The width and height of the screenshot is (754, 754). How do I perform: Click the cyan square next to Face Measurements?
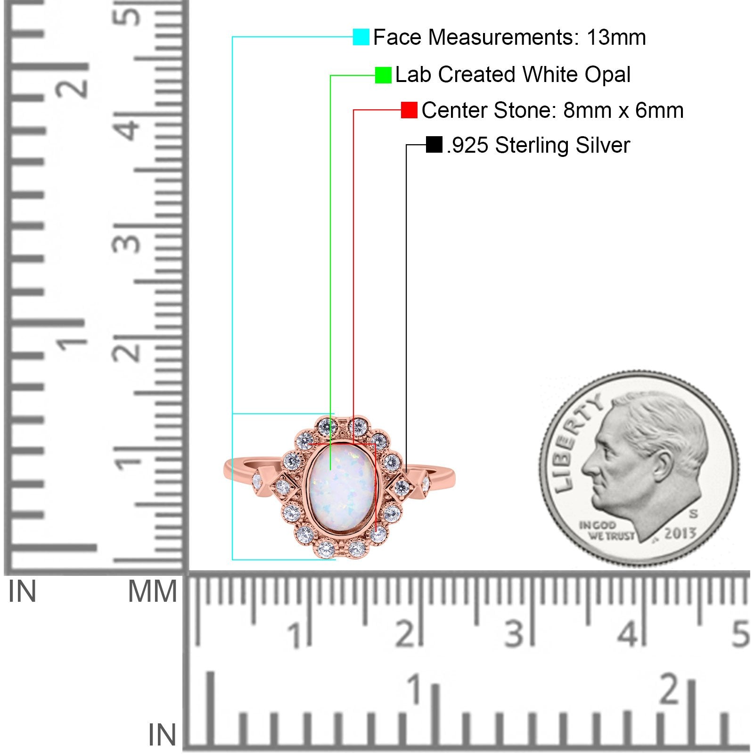(x=361, y=37)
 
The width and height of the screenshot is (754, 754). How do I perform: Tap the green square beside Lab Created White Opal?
(x=383, y=75)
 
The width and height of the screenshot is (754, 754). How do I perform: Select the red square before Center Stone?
(x=409, y=110)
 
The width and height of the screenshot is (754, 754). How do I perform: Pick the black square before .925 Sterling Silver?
(x=434, y=145)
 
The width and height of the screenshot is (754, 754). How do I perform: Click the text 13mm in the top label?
(x=616, y=37)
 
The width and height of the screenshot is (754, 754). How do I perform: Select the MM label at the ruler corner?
(x=152, y=591)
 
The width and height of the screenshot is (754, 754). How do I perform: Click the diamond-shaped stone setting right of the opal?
(x=402, y=486)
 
